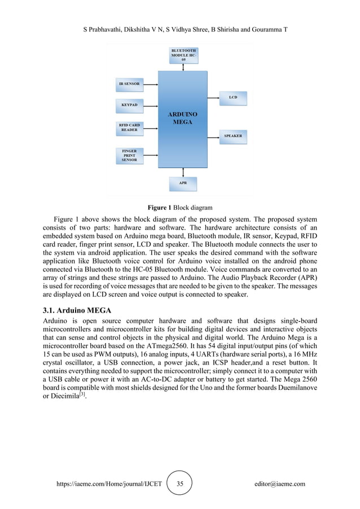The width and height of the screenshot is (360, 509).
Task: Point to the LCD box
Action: [x=232, y=98]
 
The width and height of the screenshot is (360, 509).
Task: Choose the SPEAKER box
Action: [x=233, y=136]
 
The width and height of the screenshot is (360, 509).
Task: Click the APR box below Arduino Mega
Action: [x=183, y=183]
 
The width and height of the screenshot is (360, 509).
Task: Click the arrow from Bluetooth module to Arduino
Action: [x=183, y=67]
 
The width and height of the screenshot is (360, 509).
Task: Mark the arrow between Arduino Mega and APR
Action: [x=183, y=172]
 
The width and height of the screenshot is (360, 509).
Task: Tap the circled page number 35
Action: [x=180, y=484]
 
